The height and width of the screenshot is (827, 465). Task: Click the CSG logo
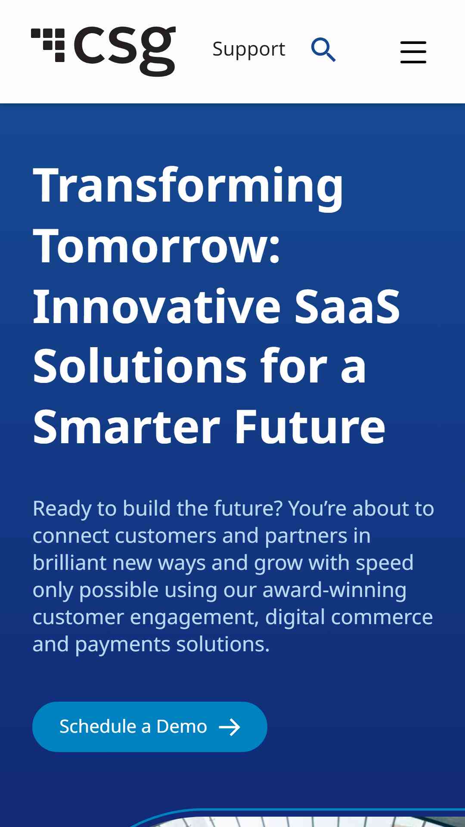(x=103, y=51)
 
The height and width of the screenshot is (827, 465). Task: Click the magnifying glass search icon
(x=323, y=50)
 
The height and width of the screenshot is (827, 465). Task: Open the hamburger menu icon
(x=413, y=52)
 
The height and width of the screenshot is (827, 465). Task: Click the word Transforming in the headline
(x=188, y=187)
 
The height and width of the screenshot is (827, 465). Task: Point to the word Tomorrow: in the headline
(x=157, y=246)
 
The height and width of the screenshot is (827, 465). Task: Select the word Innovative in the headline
(x=157, y=306)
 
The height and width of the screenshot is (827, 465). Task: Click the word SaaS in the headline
(x=347, y=306)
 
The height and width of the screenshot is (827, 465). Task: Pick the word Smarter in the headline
(x=127, y=427)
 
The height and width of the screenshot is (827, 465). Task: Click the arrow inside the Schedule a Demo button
(x=229, y=727)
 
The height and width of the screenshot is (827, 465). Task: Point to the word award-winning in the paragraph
(x=335, y=590)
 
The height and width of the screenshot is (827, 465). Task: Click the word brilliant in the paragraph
(x=70, y=563)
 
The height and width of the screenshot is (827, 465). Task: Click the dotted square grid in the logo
(x=48, y=45)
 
